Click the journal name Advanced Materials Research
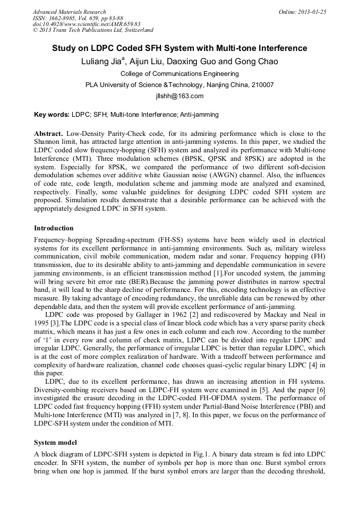coord(69,12)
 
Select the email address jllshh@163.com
coord(179,96)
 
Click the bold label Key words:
coord(52,114)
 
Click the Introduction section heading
coord(54,228)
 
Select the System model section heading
coord(56,442)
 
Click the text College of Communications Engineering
coord(179,74)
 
